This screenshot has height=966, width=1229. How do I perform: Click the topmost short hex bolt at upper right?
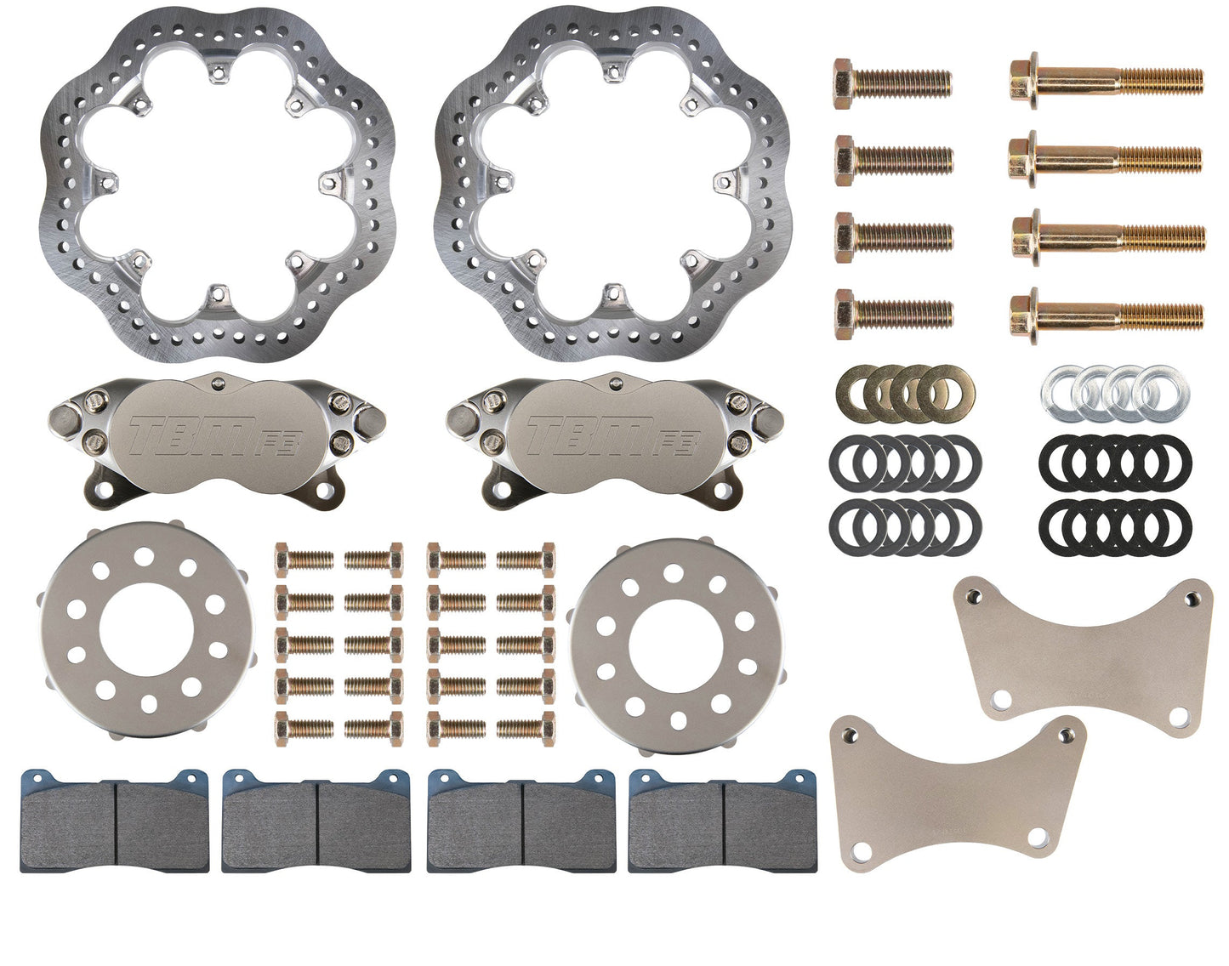pyautogui.click(x=892, y=83)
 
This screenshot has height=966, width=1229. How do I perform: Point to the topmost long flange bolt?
pyautogui.click(x=1107, y=82)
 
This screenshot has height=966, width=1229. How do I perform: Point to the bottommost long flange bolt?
pyautogui.click(x=1107, y=315)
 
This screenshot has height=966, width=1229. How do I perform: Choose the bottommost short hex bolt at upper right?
pyautogui.click(x=892, y=315)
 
